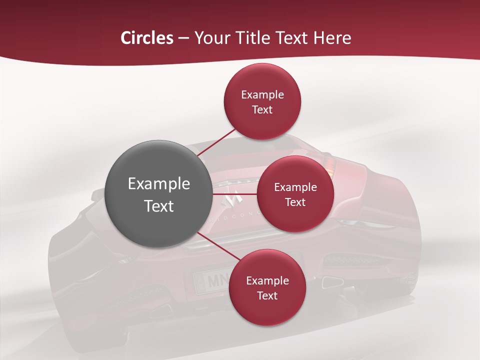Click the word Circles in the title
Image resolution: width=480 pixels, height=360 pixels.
click(146, 37)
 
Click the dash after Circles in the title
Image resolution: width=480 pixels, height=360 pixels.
click(183, 38)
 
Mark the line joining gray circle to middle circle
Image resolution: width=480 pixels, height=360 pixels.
click(234, 194)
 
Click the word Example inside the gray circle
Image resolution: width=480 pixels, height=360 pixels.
click(159, 184)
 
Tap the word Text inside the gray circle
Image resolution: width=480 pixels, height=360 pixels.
click(159, 206)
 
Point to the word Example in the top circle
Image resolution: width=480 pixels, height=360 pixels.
click(262, 94)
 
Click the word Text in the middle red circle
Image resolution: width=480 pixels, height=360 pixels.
click(295, 202)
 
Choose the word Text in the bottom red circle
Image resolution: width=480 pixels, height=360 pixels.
click(267, 295)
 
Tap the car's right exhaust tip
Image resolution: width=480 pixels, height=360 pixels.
click(332, 282)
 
